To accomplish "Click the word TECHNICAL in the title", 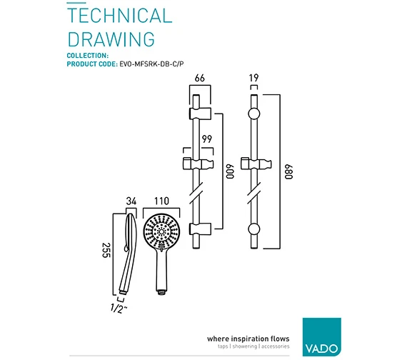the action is point(120,16).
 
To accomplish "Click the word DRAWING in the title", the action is point(111,39).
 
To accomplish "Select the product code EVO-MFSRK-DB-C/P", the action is point(151,64).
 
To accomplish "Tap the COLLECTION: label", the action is point(88,56).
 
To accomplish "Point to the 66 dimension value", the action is point(200,78).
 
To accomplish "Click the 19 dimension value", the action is point(254,78).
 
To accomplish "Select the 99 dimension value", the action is point(207,139).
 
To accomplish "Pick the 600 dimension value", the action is point(230,171).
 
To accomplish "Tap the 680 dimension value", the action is point(288,171).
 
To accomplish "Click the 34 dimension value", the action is point(131,201).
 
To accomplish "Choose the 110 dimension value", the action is point(161,201).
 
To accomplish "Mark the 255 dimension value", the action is point(106,250).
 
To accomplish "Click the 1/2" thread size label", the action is point(119,309).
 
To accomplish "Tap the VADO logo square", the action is point(322,337).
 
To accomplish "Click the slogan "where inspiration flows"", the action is point(248,339).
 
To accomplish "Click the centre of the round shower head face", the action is point(161,231).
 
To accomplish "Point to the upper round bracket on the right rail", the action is point(254,114).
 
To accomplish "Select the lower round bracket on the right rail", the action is point(254,229).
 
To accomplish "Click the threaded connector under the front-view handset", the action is point(161,292).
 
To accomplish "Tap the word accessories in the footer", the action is point(275,346).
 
